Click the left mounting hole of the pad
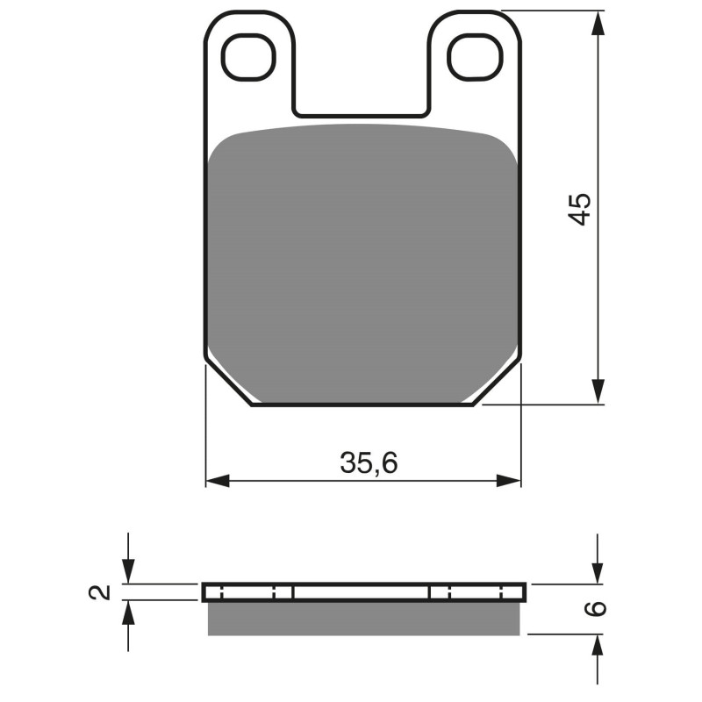pyautogui.click(x=249, y=57)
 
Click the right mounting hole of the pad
pyautogui.click(x=474, y=57)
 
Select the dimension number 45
pyautogui.click(x=580, y=208)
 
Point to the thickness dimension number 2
pyautogui.click(x=103, y=591)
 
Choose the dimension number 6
pyautogui.click(x=598, y=608)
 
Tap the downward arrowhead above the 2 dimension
pyautogui.click(x=129, y=572)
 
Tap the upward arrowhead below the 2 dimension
pyautogui.click(x=129, y=612)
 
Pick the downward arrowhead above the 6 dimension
pyautogui.click(x=598, y=572)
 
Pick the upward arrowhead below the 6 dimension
pyautogui.click(x=598, y=646)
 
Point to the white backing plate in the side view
pyautogui.click(x=363, y=592)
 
